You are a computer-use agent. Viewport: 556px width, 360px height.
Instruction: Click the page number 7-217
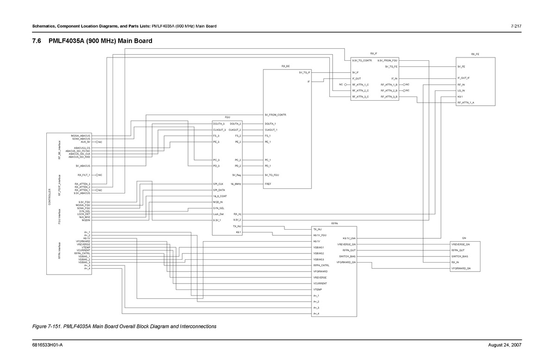coord(516,26)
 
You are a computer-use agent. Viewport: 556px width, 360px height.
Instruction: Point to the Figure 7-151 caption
coord(124,327)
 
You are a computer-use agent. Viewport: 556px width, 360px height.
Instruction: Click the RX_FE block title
coord(475,54)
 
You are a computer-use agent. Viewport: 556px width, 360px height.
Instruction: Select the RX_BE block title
coord(285,67)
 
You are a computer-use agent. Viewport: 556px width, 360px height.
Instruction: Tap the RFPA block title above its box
coord(335,224)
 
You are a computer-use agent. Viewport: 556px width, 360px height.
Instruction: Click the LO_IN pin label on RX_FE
coord(461,90)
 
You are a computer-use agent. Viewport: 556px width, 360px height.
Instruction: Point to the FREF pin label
coord(268,184)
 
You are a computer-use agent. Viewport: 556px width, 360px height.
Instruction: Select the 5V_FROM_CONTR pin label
coord(276,115)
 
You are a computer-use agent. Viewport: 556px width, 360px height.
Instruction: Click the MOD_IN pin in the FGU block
coord(218,202)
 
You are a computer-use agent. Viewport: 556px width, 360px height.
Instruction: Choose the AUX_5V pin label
coord(85,141)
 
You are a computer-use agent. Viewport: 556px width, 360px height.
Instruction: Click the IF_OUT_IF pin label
coord(463,78)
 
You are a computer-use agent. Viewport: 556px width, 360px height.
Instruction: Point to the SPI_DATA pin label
coord(219,190)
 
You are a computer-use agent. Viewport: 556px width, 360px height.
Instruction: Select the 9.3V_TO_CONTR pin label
coord(362,60)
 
